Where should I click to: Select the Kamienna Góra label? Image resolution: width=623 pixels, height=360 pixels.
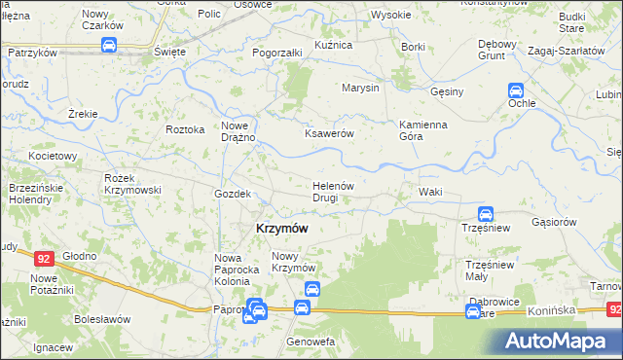click(423, 131)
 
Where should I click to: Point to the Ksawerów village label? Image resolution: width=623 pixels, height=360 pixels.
click(329, 133)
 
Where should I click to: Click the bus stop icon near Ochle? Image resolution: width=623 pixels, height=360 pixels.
click(516, 90)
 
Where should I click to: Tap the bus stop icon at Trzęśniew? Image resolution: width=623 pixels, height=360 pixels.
click(486, 214)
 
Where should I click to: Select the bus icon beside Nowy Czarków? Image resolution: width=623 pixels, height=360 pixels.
click(109, 46)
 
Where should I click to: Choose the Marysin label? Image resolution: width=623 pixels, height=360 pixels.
click(359, 88)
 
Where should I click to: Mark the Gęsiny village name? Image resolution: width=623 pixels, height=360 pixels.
click(449, 90)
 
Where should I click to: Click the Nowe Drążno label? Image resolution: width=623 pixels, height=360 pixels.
click(238, 131)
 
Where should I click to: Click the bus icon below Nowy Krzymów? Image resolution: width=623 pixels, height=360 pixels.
click(312, 289)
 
